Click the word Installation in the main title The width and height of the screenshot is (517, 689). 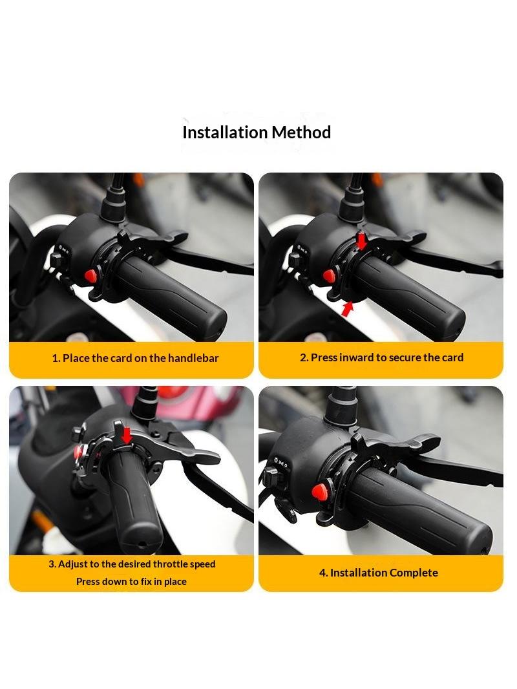coord(224,132)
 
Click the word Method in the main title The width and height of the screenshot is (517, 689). coord(301,132)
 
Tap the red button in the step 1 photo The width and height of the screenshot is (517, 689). coord(90,275)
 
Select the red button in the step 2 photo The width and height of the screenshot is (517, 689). coord(328,276)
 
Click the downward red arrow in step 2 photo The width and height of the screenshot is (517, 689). coord(361,240)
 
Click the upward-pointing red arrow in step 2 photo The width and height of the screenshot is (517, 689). coord(348,308)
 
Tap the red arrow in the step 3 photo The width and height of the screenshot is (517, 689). coord(127,435)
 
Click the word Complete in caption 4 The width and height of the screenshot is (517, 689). coord(414,573)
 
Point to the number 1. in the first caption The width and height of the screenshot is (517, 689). coord(56,358)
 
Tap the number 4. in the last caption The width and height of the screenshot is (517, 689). coord(323,573)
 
